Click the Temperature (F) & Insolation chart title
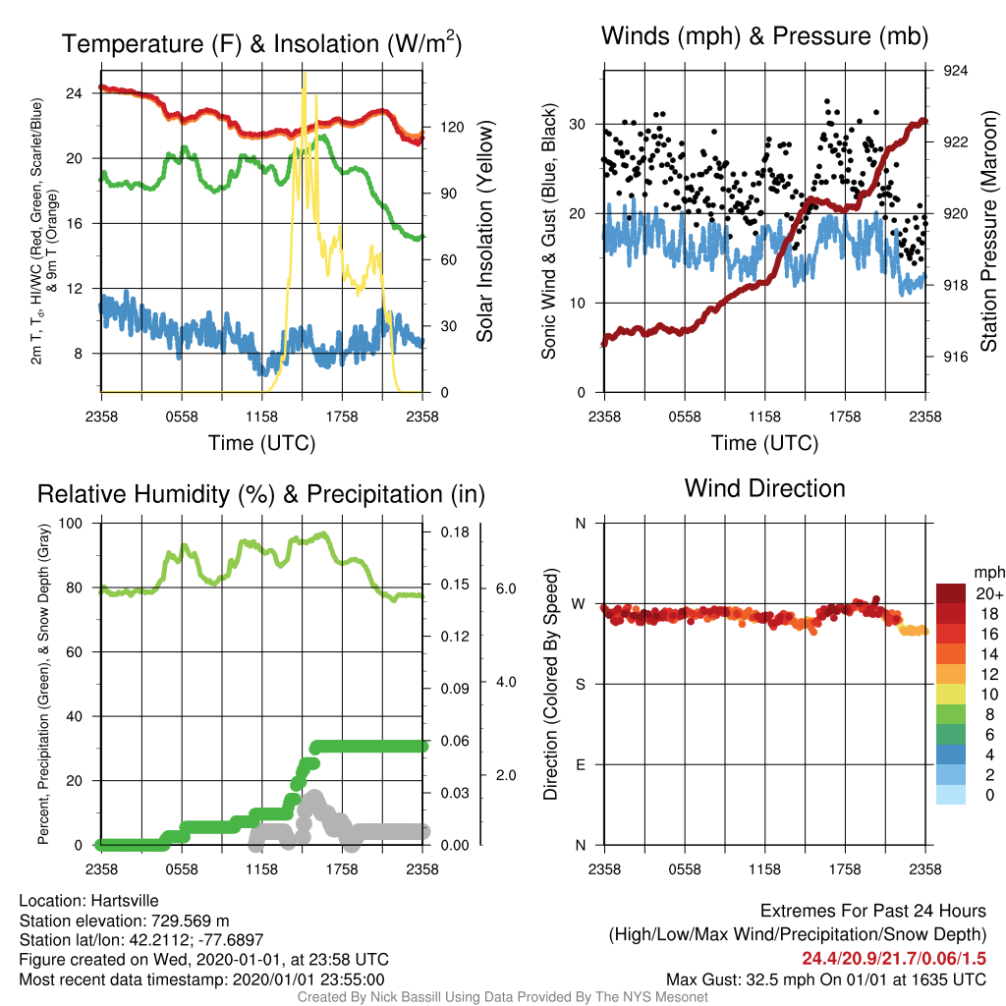click(x=261, y=43)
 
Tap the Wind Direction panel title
click(x=764, y=488)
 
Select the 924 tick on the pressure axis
click(x=955, y=71)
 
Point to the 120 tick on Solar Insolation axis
click(x=452, y=127)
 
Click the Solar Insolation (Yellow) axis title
click(x=485, y=231)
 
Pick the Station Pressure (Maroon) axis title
click(x=988, y=231)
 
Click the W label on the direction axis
click(x=579, y=604)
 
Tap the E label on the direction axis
click(x=581, y=764)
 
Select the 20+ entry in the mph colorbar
click(x=988, y=593)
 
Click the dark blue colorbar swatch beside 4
click(x=951, y=754)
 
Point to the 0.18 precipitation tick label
click(x=455, y=531)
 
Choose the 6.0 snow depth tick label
click(x=506, y=588)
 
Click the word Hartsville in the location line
click(x=125, y=901)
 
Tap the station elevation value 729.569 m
click(x=190, y=921)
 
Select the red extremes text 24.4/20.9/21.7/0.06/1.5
click(x=894, y=959)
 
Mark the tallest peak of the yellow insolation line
click(x=305, y=73)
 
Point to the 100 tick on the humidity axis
click(x=71, y=524)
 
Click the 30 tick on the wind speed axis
click(x=578, y=125)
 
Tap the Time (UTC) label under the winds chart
click(x=764, y=443)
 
